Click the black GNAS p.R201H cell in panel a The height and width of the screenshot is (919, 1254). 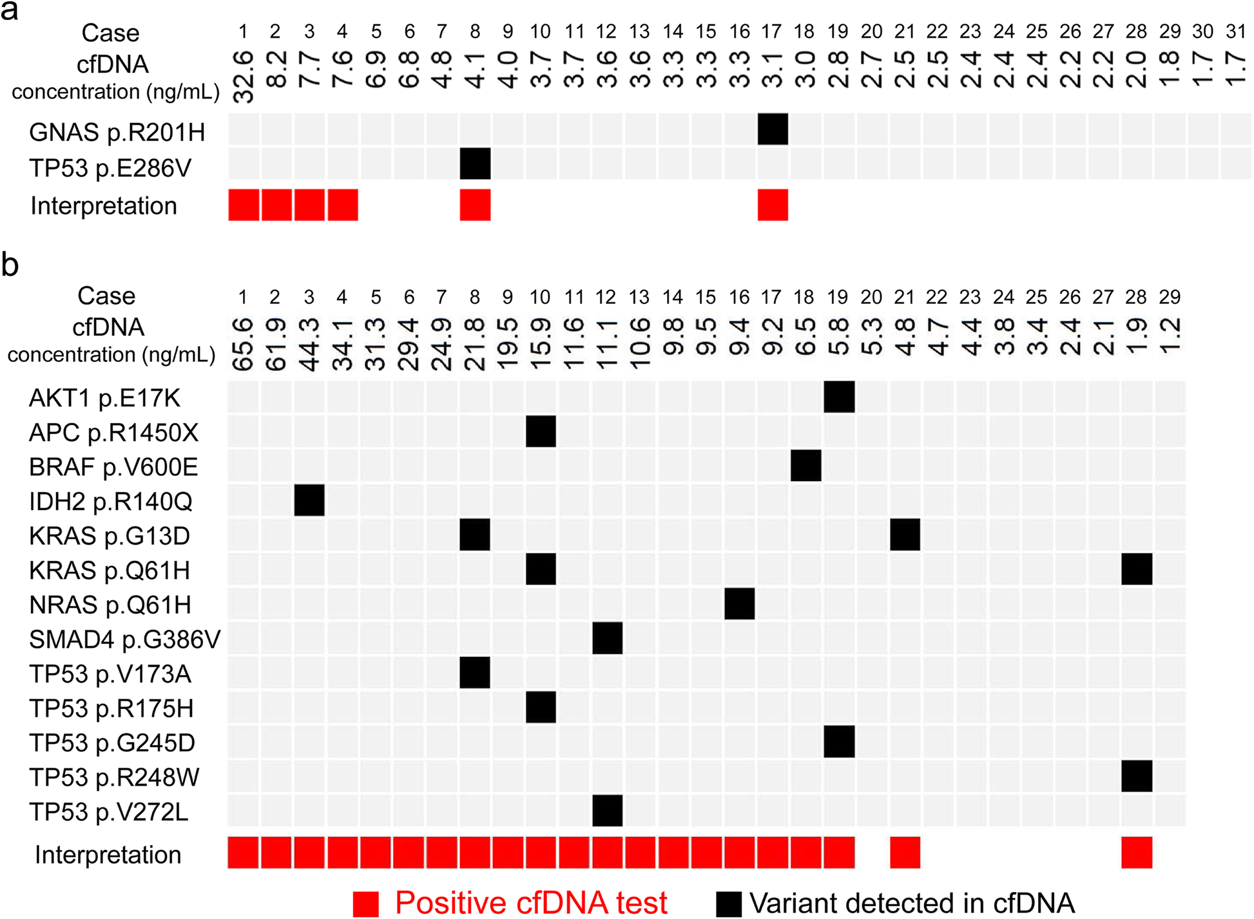point(773,129)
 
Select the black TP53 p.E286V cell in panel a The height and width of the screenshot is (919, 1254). point(475,164)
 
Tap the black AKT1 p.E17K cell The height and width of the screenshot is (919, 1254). point(839,397)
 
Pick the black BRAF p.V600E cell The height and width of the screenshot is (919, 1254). point(805,466)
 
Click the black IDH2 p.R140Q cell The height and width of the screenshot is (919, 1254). point(309,500)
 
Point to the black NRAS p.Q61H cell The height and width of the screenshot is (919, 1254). point(739,603)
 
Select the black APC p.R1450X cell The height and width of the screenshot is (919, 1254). point(541,431)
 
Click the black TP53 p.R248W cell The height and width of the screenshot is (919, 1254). point(1137,776)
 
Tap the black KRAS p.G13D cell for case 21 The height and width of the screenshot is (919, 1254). point(905,535)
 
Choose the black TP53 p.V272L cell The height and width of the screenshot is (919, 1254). point(607,810)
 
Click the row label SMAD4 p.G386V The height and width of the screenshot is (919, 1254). point(124,640)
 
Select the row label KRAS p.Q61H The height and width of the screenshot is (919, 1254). point(110,571)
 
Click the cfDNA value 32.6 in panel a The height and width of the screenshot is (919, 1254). point(243,77)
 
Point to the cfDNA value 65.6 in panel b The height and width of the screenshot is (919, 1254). point(243,344)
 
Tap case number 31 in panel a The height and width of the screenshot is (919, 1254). point(1235,31)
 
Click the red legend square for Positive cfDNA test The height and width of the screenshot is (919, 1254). point(366,904)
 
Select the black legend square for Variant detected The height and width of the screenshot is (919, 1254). point(729,904)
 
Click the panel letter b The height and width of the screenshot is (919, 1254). point(10,265)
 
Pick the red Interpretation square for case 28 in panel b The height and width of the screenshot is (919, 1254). point(1137,853)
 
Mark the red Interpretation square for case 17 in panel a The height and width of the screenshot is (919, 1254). point(773,205)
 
